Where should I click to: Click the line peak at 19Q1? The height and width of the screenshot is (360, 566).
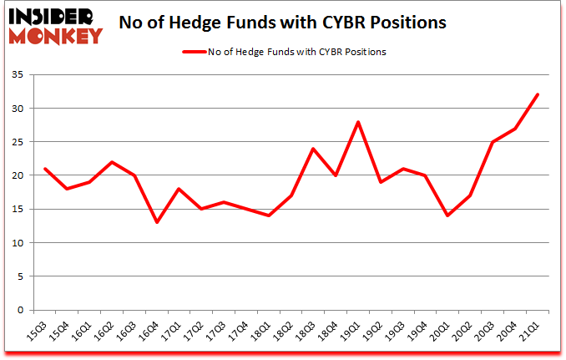(358, 122)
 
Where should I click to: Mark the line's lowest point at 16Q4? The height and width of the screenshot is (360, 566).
(157, 223)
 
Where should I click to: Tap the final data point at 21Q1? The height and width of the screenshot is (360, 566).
(538, 95)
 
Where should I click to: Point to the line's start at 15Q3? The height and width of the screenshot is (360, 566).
(45, 169)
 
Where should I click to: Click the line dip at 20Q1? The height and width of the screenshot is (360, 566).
(448, 216)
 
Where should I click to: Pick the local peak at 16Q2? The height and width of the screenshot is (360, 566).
(112, 162)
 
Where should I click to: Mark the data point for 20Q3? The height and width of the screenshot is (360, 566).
(493, 142)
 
